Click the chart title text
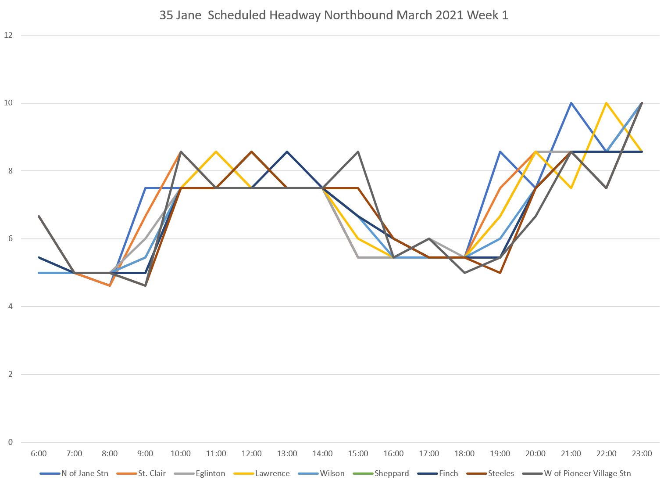[x=334, y=15]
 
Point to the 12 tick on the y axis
[x=8, y=35]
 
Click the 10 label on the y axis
[x=8, y=103]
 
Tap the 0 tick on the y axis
[x=10, y=442]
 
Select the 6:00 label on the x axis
[x=39, y=454]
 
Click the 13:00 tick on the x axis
[x=287, y=454]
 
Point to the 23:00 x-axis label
[x=642, y=454]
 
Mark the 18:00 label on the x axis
[x=464, y=454]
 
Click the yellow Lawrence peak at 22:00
[x=606, y=103]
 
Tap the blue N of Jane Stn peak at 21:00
[x=571, y=103]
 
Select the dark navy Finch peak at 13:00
[x=287, y=152]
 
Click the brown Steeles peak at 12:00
[x=251, y=152]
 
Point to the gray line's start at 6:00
[x=39, y=216]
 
